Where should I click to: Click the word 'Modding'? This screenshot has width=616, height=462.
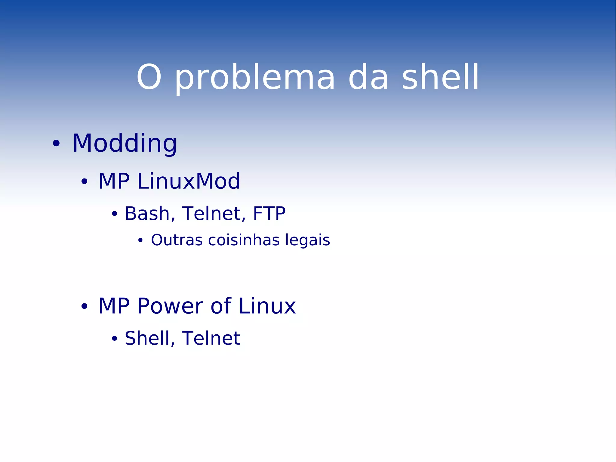click(125, 144)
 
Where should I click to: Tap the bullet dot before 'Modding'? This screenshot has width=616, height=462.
click(56, 144)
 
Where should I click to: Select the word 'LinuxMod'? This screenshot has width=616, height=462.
click(189, 181)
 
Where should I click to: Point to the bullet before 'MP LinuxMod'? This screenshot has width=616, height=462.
click(84, 182)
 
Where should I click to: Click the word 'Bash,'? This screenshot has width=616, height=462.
click(150, 213)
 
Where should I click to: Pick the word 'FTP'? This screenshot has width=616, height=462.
click(269, 213)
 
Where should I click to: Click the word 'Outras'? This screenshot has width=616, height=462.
click(177, 240)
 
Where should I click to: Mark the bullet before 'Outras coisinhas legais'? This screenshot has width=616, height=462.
click(140, 240)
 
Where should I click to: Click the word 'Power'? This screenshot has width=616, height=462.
click(170, 306)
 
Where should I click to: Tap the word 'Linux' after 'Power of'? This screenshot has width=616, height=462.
click(267, 306)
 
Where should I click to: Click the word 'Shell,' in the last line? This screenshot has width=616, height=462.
click(150, 338)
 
